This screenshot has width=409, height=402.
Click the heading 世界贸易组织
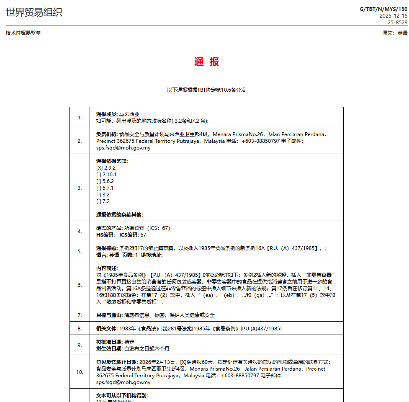click(34, 13)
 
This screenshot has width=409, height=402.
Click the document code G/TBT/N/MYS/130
click(383, 9)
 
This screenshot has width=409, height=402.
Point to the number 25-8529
click(397, 23)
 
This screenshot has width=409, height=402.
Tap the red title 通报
click(206, 62)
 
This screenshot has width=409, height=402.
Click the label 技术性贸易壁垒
click(23, 33)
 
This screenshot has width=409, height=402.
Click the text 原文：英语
click(394, 33)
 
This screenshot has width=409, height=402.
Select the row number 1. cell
click(80, 117)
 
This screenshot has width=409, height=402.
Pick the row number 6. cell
click(80, 285)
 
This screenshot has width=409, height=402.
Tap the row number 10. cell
click(80, 372)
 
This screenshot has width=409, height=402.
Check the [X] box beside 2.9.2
click(99, 168)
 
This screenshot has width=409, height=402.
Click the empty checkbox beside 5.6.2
click(98, 181)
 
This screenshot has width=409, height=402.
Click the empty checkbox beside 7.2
click(98, 201)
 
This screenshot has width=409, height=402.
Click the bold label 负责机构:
click(107, 134)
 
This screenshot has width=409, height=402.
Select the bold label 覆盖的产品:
click(110, 228)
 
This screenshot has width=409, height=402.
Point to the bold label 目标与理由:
click(110, 315)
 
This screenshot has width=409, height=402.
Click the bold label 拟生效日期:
click(110, 348)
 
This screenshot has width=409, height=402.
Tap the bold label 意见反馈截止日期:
click(117, 362)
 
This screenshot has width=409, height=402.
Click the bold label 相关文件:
click(107, 329)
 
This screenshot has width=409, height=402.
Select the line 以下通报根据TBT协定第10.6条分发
click(206, 90)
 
